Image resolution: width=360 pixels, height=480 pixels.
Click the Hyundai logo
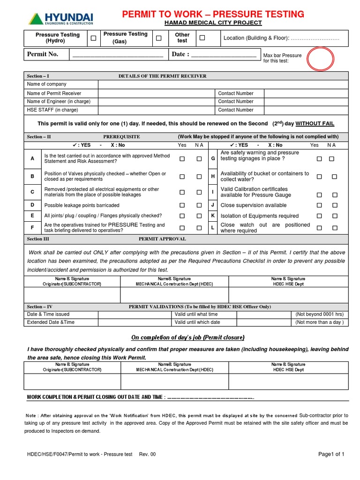61,19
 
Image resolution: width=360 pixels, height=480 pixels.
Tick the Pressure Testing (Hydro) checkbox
94,38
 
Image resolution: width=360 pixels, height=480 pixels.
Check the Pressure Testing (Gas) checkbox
159,38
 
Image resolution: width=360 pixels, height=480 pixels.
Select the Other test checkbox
202,37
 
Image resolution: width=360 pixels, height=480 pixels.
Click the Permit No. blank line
117,55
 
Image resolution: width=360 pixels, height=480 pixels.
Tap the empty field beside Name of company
223,84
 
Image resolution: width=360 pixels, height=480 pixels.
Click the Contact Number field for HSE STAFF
306,110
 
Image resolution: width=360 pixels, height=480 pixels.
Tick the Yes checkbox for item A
182,159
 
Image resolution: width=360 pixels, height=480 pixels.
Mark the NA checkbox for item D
199,205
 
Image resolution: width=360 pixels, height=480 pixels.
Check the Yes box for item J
319,205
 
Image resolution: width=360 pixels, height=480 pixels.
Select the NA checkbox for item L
335,228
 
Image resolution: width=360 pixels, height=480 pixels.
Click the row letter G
213,159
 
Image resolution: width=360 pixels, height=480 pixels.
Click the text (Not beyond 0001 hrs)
320,314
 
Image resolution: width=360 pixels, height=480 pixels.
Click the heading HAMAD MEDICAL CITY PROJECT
213,23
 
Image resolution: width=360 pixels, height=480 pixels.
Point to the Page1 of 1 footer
331,454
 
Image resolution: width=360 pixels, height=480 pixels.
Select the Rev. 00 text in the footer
147,454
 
